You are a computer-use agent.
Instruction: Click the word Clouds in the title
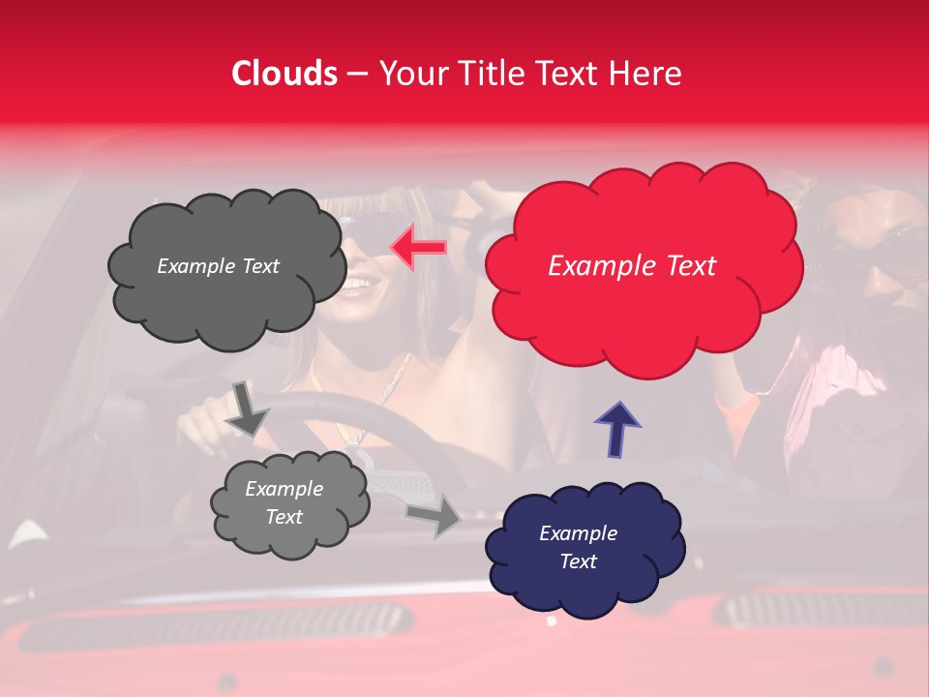285,74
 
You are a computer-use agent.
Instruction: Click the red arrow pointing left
417,248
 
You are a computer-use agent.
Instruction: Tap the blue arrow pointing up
616,428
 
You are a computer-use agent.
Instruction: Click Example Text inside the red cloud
632,266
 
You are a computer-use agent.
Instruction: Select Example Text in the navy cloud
578,547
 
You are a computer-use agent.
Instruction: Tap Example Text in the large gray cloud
218,266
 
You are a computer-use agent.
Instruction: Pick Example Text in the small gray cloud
284,502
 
